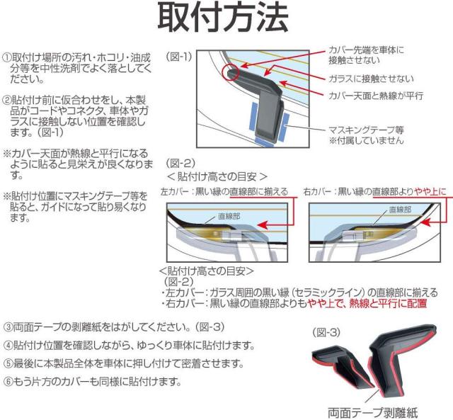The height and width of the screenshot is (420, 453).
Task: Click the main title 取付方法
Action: tap(222, 17)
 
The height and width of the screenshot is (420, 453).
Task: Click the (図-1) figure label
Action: tap(179, 57)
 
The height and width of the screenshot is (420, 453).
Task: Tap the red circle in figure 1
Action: tap(230, 72)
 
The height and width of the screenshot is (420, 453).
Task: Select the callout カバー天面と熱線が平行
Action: tap(376, 96)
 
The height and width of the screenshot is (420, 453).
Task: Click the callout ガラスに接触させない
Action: tap(371, 79)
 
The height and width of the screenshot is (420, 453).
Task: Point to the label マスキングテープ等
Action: tap(366, 130)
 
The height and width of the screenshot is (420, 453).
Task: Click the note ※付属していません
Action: tap(366, 141)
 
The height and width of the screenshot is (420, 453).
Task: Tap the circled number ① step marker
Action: tap(6, 57)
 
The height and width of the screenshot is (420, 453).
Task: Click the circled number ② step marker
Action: tap(6, 101)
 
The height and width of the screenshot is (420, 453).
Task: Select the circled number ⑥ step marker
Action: tap(8, 382)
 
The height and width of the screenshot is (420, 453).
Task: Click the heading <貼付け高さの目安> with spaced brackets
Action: tap(217, 176)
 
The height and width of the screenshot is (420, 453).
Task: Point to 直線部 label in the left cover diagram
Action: tap(229, 216)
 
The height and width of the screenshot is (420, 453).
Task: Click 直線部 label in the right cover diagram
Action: tap(400, 210)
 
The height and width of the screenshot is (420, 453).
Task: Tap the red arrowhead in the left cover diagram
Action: tap(262, 225)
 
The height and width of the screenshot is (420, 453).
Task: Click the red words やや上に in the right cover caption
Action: tap(430, 191)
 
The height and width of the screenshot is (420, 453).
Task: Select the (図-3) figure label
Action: tap(326, 332)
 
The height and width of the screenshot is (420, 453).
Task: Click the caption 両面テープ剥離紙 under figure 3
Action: tap(373, 413)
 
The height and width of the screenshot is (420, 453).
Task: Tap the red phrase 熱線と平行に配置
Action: tap(388, 304)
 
